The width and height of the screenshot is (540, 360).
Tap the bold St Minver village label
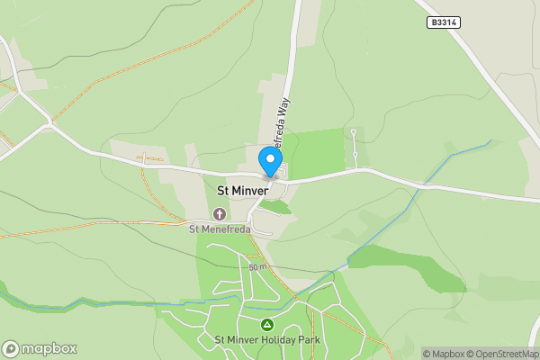(243, 190)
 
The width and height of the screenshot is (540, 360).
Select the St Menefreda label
(220, 228)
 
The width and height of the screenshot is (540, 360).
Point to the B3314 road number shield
(444, 22)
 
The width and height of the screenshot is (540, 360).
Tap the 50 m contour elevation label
(258, 267)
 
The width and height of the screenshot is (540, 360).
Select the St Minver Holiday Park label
(267, 340)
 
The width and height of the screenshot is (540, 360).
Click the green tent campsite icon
(266, 324)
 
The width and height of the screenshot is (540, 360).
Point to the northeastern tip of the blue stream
(490, 140)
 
